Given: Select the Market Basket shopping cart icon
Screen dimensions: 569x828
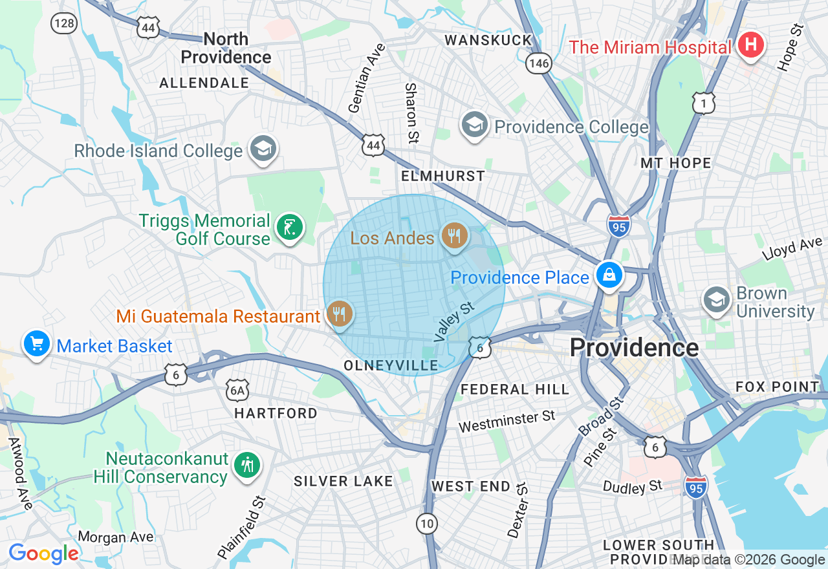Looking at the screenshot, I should [37, 343].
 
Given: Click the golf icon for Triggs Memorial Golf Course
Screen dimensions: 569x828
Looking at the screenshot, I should [290, 228].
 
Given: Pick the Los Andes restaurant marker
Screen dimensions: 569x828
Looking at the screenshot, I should [455, 235].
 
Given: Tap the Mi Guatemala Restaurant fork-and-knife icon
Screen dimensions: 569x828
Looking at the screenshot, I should [340, 314].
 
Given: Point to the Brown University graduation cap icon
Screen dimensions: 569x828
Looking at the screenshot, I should [717, 300].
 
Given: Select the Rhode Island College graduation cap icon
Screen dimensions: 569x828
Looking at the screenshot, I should [263, 149].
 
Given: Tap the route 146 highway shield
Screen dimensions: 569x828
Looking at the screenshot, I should [538, 63].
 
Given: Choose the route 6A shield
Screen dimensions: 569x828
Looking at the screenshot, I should [237, 390].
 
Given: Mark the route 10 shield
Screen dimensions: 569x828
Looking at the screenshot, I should [427, 524].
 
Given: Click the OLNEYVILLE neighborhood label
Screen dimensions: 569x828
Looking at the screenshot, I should [391, 365].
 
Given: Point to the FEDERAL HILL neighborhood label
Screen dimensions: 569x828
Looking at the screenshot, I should [514, 389].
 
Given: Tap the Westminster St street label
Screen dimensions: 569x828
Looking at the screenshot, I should [507, 422].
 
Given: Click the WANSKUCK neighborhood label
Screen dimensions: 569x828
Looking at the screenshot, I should [488, 40].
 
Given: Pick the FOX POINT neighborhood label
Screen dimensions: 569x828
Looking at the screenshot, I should [777, 387].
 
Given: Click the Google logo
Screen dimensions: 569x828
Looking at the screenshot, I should [43, 553].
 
